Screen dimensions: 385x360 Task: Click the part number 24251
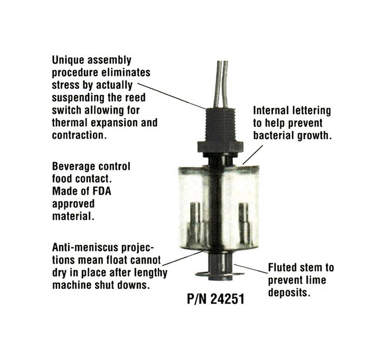click(227, 299)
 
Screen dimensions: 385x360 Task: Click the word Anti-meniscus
click(85, 247)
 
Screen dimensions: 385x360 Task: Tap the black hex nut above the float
click(220, 147)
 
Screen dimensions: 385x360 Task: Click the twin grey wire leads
click(221, 84)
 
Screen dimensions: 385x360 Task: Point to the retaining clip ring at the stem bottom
click(219, 275)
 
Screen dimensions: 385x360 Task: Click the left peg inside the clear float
click(195, 223)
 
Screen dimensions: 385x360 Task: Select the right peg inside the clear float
click(244, 223)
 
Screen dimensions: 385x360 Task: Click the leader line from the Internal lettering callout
click(253, 154)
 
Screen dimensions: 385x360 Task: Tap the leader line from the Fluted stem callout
click(251, 268)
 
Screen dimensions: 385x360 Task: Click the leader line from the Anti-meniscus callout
click(183, 258)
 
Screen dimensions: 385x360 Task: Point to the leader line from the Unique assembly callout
click(172, 96)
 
